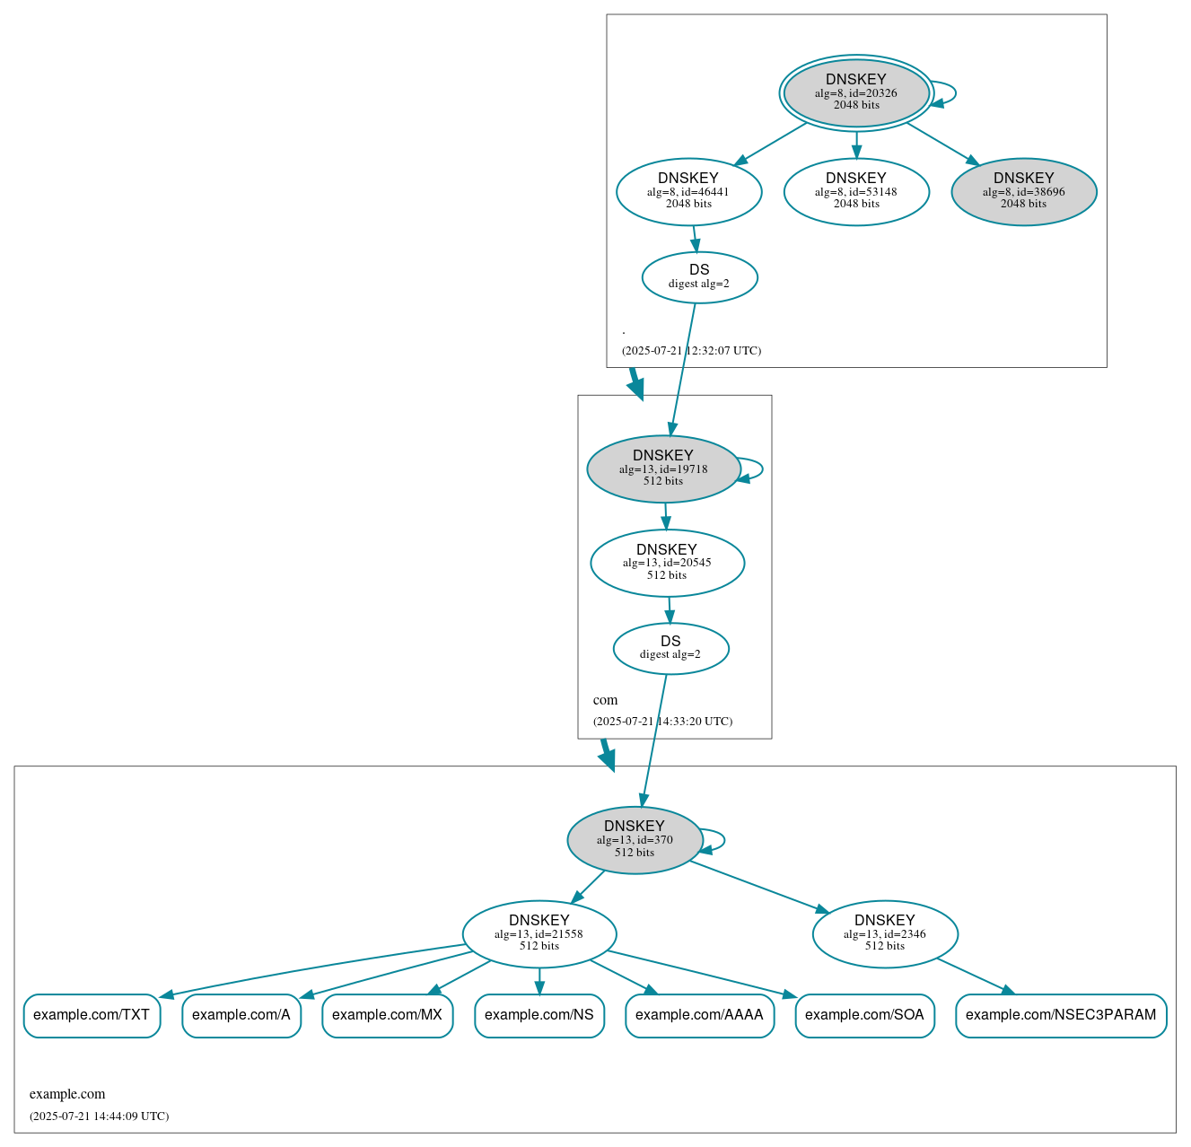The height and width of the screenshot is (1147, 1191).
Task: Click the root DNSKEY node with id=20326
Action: [x=856, y=92]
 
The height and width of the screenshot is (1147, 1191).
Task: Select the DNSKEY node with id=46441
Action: [x=688, y=191]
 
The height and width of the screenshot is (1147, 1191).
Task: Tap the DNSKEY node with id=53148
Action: [x=856, y=191]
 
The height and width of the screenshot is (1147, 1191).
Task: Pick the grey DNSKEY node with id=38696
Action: [x=1023, y=191]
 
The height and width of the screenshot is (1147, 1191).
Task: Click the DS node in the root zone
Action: [x=699, y=277]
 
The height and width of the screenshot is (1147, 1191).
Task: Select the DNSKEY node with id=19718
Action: [x=663, y=468]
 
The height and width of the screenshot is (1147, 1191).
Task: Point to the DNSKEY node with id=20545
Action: [x=667, y=563]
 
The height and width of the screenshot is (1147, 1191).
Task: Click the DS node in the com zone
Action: [x=670, y=648]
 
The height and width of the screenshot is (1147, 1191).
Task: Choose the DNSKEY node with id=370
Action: [x=635, y=840]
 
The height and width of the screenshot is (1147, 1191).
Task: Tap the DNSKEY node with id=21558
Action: [x=539, y=933]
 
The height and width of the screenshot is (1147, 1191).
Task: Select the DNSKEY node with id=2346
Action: [x=885, y=933]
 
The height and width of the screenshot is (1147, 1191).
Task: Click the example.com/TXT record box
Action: [x=92, y=1015]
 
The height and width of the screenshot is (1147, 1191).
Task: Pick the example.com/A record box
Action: [x=241, y=1015]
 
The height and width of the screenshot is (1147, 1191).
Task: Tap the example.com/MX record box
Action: [x=387, y=1015]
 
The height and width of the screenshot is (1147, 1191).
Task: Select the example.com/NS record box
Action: [x=539, y=1015]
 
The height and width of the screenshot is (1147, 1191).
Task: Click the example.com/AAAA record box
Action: [x=699, y=1015]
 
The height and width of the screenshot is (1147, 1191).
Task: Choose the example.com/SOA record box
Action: [x=864, y=1015]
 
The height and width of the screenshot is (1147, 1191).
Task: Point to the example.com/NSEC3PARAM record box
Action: [x=1061, y=1015]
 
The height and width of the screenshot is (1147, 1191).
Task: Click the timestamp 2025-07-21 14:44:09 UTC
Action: [x=99, y=1116]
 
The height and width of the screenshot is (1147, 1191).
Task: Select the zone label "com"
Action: [x=606, y=700]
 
